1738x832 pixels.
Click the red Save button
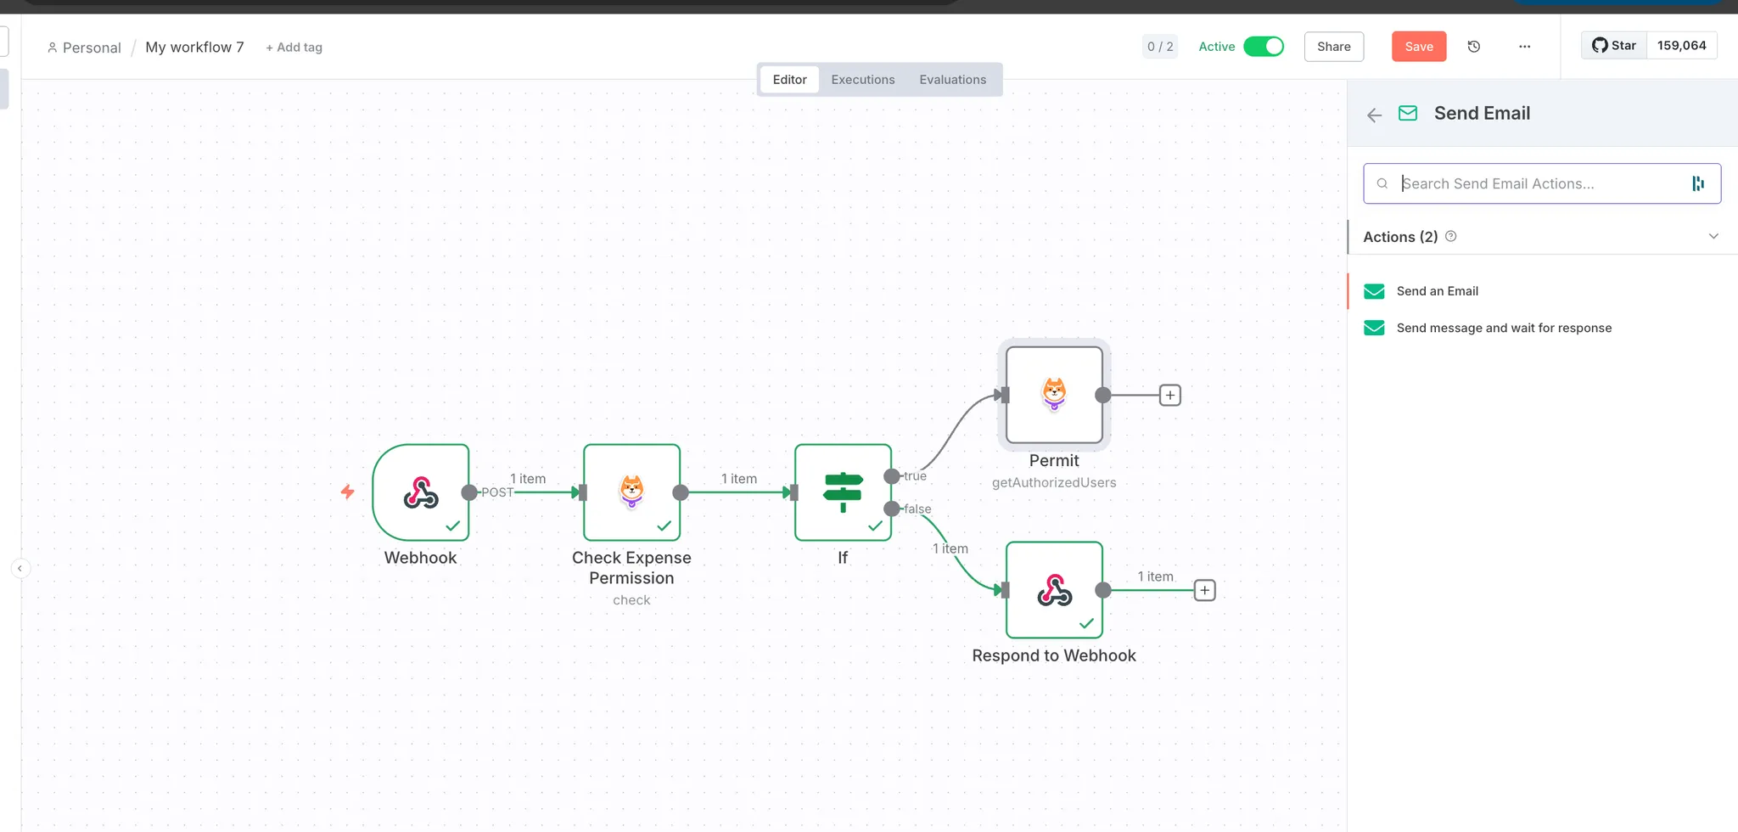tap(1418, 47)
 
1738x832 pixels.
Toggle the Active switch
tap(1263, 47)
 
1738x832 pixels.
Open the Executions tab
tap(862, 80)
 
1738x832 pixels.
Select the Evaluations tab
tap(952, 80)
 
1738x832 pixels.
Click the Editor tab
tap(789, 80)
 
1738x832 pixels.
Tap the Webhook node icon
tap(421, 492)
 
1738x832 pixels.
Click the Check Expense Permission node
tap(631, 492)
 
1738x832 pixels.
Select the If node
tap(843, 492)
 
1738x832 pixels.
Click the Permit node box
tap(1054, 395)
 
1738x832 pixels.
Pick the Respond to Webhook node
tap(1054, 590)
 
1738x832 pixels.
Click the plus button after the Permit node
tap(1170, 395)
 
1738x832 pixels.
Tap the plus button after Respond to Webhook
tap(1204, 590)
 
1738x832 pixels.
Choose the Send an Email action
tap(1437, 291)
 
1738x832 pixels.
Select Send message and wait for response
tap(1503, 328)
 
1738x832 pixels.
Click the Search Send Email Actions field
tap(1540, 183)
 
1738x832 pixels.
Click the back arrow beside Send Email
tap(1375, 115)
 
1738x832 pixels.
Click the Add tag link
tap(294, 48)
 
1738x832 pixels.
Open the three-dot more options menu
tap(1524, 47)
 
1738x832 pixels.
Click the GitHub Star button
tap(1614, 46)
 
